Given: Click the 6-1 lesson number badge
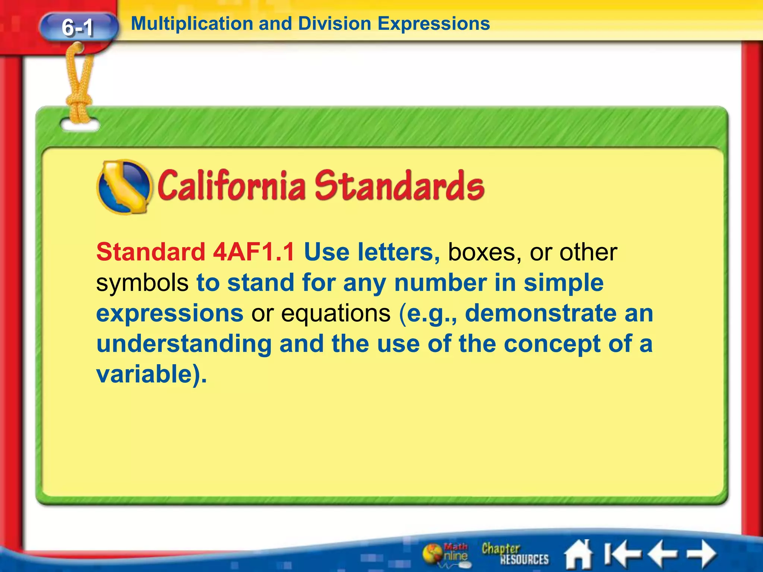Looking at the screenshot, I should click(x=78, y=27).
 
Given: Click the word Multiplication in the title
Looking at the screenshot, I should click(x=192, y=24).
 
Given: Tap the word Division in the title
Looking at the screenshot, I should click(x=335, y=24).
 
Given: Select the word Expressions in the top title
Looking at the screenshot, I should click(x=434, y=24).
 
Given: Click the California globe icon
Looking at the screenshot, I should click(x=124, y=187).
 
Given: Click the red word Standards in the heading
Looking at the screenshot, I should click(x=399, y=185).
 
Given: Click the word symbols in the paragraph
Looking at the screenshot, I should click(x=142, y=283).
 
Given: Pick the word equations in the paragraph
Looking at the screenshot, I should click(x=336, y=314).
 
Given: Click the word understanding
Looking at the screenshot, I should click(x=184, y=343).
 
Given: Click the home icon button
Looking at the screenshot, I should click(x=578, y=555).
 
